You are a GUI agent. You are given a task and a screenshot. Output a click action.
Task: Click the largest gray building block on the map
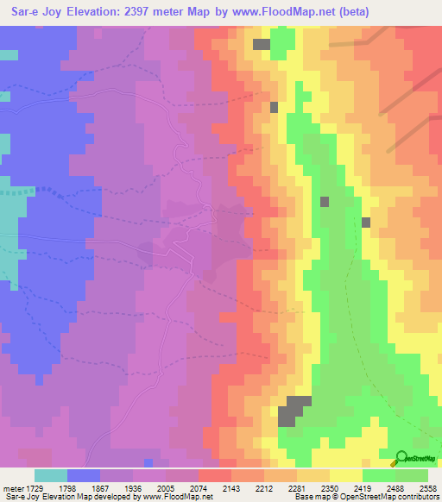(294, 410)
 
